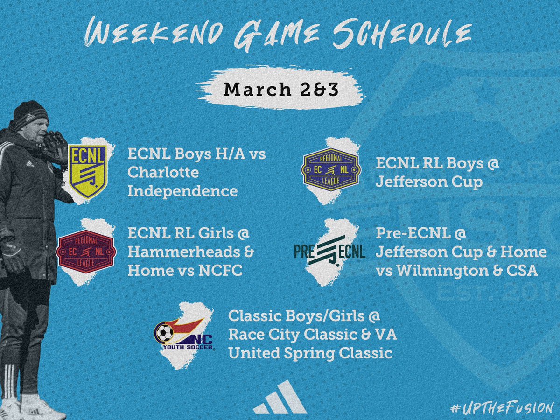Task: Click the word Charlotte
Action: [163, 173]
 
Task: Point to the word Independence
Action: [182, 191]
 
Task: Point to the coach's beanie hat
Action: [30, 114]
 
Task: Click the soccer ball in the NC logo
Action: [164, 333]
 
